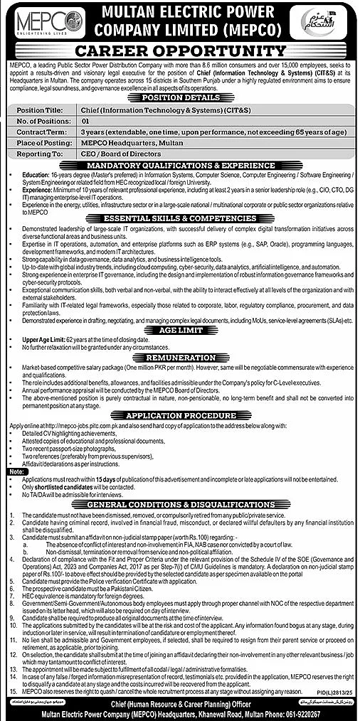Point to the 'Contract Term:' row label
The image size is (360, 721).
(x=37, y=132)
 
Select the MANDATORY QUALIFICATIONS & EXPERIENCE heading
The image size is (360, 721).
(x=179, y=165)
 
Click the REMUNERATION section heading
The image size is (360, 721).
(x=179, y=356)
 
